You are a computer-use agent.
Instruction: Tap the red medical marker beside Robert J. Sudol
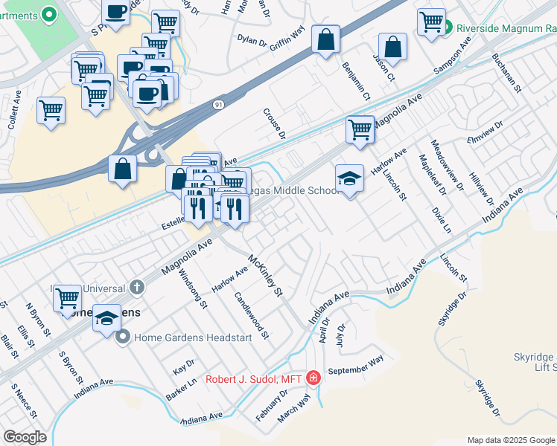click(313, 379)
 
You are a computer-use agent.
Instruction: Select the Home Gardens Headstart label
click(178, 337)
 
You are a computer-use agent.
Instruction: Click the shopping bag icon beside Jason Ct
click(392, 46)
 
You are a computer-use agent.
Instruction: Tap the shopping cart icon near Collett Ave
click(51, 111)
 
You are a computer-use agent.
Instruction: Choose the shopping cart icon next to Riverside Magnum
click(431, 22)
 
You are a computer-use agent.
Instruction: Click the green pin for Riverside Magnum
click(450, 29)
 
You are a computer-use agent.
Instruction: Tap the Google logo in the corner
click(25, 436)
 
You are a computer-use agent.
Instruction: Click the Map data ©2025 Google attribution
click(511, 440)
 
